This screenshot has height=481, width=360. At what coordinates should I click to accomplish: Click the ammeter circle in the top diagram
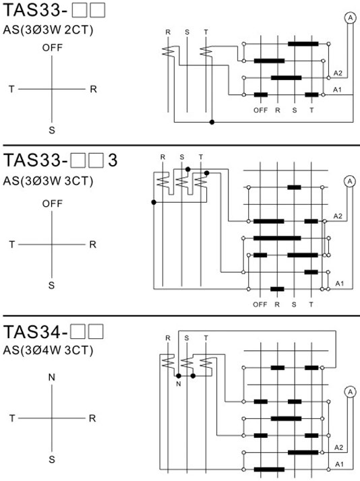(350, 18)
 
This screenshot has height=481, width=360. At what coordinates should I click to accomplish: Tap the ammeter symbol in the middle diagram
(350, 182)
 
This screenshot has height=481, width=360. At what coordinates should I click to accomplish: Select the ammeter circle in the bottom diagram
(350, 391)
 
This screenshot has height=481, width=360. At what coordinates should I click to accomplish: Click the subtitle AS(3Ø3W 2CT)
(48, 30)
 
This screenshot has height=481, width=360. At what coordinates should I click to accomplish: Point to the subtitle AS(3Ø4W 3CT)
(48, 350)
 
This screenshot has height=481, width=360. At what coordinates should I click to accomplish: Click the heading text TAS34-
(35, 331)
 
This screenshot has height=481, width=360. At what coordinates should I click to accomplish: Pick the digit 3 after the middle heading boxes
(113, 160)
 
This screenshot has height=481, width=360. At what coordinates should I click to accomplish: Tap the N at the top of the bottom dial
(52, 377)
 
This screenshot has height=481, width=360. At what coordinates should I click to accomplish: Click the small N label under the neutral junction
(179, 384)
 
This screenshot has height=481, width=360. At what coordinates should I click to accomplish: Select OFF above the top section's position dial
(52, 48)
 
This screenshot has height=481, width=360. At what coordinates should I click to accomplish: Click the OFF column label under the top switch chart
(260, 110)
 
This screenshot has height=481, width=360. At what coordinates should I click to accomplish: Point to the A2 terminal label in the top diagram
(338, 73)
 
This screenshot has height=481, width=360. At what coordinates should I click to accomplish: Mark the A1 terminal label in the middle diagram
(339, 284)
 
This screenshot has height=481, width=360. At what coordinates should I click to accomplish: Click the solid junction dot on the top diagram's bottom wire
(212, 122)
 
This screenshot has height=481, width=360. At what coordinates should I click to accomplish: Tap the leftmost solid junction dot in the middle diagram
(154, 202)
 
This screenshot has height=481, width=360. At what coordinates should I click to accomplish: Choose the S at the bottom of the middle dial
(51, 286)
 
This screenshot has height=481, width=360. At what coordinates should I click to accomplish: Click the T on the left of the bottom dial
(12, 418)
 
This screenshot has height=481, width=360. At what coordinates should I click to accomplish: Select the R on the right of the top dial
(93, 90)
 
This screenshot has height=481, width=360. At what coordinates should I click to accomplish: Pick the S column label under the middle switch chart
(294, 304)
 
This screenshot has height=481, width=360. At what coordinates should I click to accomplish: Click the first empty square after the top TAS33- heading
(80, 10)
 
